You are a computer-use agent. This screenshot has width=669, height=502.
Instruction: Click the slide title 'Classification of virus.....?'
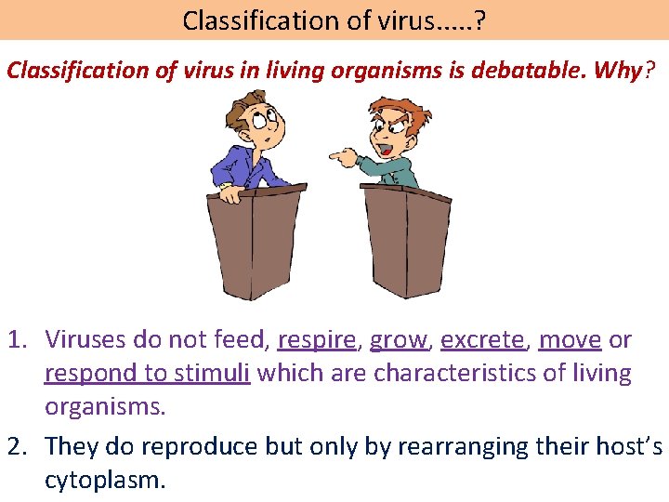coord(333,20)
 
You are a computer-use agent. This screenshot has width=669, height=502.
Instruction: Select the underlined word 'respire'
coord(316,340)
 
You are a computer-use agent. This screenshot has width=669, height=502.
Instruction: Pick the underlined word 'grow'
coord(399,340)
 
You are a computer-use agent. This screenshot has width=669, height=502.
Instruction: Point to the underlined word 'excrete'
coord(481,340)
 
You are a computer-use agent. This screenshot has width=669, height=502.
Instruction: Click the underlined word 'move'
coord(570,340)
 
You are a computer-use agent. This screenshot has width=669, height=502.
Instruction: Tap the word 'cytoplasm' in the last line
coord(104,480)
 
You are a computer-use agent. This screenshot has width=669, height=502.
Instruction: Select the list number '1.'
coord(20,340)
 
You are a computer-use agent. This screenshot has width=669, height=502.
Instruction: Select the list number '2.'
coord(20,446)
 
